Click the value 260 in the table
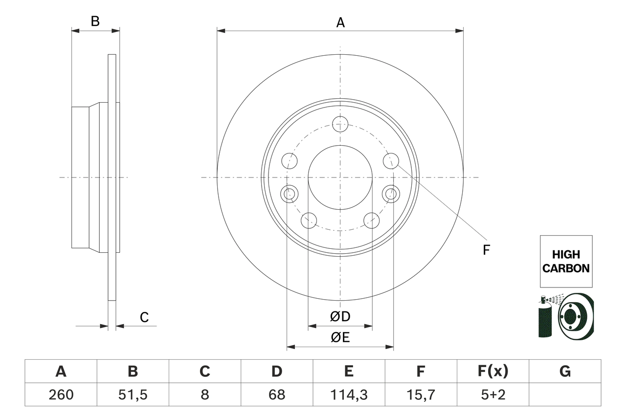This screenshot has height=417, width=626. tap(61, 395)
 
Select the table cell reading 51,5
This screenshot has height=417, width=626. tap(133, 395)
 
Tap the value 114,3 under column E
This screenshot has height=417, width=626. tap(348, 395)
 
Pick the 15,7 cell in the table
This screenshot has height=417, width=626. tap(420, 395)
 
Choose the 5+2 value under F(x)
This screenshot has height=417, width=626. tap(492, 395)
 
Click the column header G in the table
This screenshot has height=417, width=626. tap(565, 372)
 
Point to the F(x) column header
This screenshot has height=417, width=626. tap(492, 372)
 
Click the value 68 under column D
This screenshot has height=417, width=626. tap(277, 395)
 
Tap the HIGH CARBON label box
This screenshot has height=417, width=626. tap(566, 261)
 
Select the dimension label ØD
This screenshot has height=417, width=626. tap(340, 317)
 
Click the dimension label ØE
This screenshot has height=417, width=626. tap(340, 338)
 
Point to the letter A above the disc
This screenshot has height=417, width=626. tap(340, 22)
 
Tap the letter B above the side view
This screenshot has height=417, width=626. tap(95, 22)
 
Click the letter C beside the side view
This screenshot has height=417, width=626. tap(144, 318)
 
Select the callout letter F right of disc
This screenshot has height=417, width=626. tap(486, 250)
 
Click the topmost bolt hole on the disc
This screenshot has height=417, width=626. tap(340, 124)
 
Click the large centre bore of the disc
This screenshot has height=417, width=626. tap(340, 177)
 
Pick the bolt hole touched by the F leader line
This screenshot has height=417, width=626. tap(391, 160)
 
